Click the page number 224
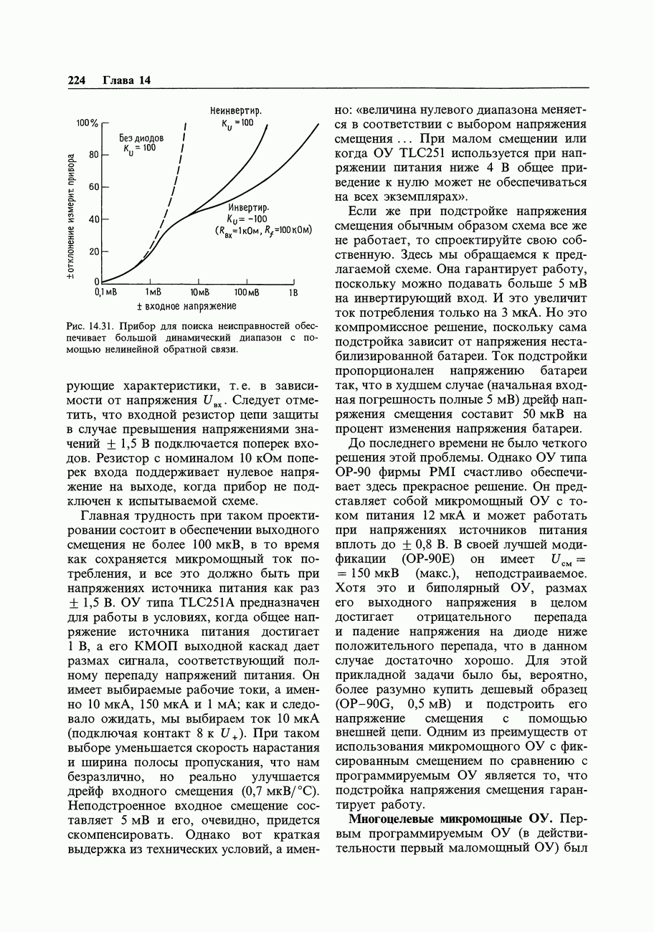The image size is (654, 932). (x=77, y=80)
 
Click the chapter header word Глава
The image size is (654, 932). (x=118, y=80)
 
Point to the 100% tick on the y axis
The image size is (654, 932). (x=87, y=123)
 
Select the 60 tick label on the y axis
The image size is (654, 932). (x=93, y=187)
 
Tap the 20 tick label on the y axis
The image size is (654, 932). (x=93, y=252)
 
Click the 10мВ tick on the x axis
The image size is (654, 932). (x=199, y=293)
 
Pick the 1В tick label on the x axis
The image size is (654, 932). (x=293, y=293)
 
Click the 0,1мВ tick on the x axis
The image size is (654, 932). (x=105, y=293)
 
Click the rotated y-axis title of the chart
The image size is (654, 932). (x=72, y=215)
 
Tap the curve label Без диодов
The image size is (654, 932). (x=141, y=137)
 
